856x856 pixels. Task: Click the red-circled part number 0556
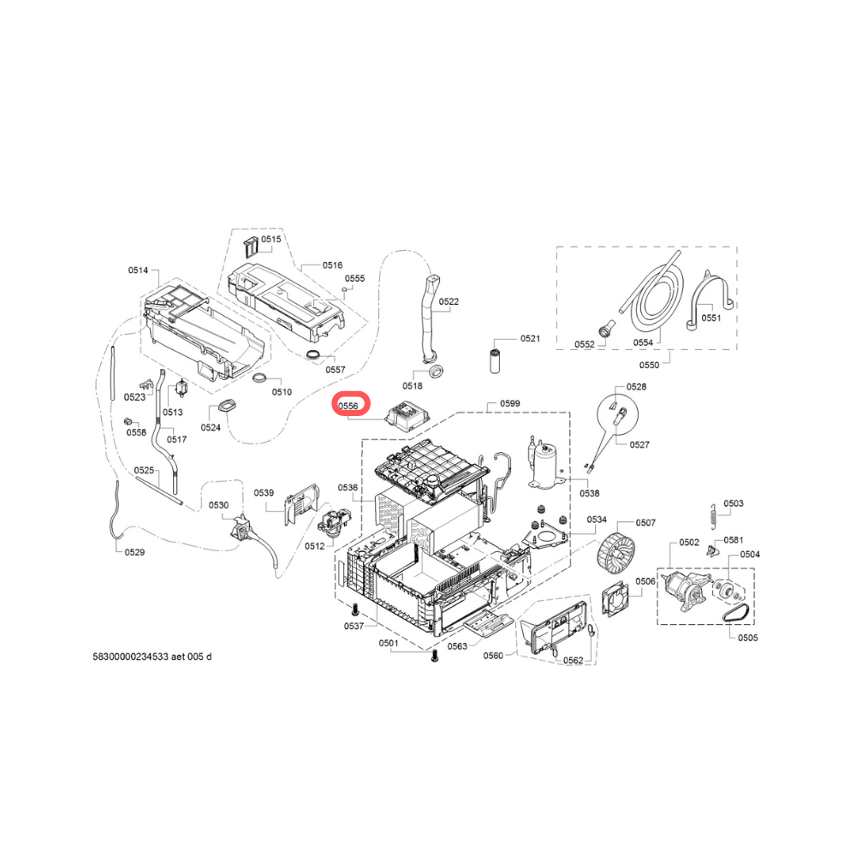point(348,406)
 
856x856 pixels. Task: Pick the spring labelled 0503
point(714,516)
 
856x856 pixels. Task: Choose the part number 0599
point(510,403)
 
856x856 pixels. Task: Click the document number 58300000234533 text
point(130,657)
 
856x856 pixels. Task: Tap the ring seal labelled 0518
point(435,372)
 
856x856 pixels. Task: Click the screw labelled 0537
point(355,609)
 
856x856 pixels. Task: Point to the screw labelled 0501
point(435,657)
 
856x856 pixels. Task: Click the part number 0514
point(138,270)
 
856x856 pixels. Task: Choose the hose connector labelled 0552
point(606,330)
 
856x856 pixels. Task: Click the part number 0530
point(218,505)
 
